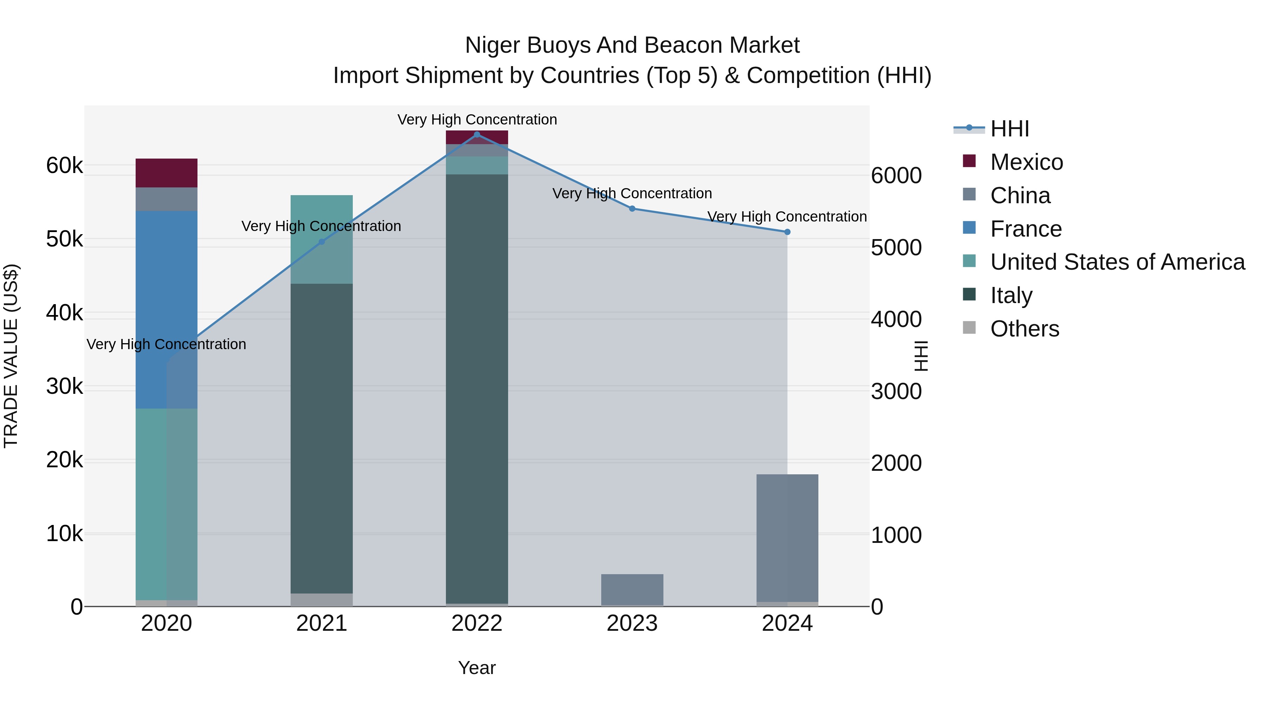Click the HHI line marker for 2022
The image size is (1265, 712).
point(477,135)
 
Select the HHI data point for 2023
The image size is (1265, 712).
point(632,209)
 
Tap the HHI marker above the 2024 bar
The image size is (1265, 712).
point(787,232)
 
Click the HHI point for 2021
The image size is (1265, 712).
point(322,242)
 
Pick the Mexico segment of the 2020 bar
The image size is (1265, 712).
point(167,173)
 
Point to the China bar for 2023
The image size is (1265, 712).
point(632,590)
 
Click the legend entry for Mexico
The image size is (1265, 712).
point(1026,162)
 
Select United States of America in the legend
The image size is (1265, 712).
point(1117,262)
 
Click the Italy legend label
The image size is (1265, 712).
point(1011,295)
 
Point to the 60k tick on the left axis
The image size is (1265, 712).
point(64,166)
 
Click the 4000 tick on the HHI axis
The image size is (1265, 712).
point(896,319)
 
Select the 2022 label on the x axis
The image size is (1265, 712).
point(477,623)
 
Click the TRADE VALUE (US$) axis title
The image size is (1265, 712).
point(11,356)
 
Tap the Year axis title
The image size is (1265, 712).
point(477,668)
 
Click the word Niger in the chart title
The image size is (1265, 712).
point(493,45)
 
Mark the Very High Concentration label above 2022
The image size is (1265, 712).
point(477,120)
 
